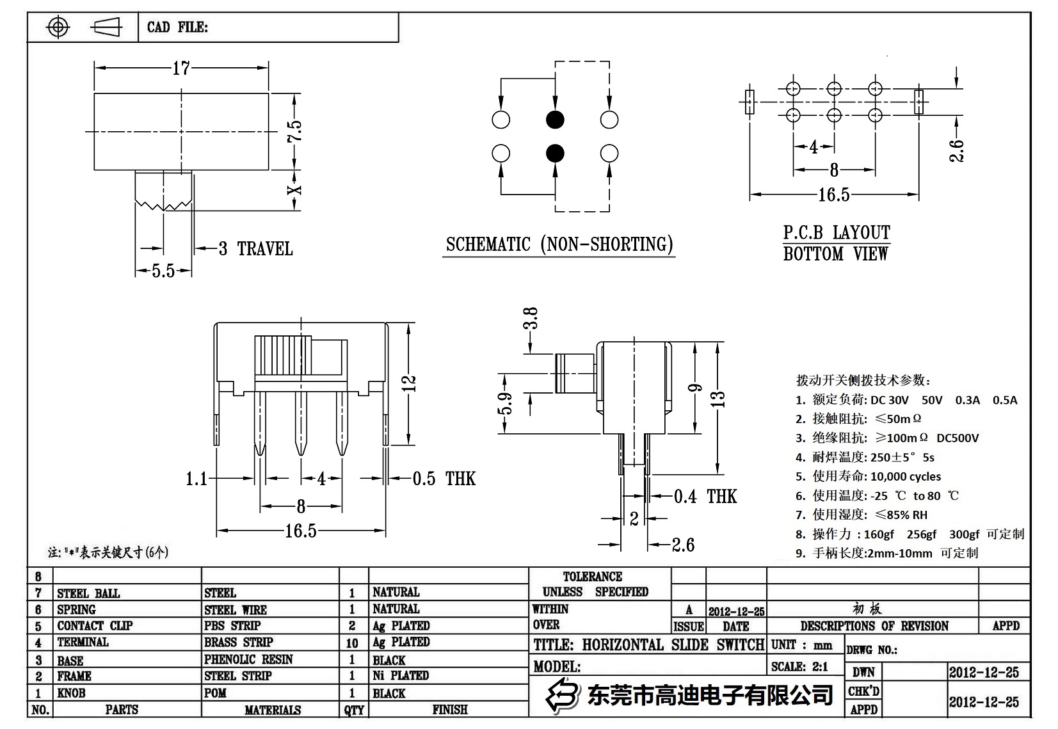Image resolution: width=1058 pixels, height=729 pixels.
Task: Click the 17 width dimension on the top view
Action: click(181, 68)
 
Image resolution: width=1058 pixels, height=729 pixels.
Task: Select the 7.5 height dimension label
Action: click(294, 132)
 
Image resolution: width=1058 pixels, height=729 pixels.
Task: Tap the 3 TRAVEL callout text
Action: click(256, 249)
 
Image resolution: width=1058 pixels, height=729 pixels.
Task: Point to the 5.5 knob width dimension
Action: click(163, 271)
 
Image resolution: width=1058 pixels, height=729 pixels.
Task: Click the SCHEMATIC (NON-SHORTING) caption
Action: click(559, 244)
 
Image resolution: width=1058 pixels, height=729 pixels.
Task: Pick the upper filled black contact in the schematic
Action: click(555, 120)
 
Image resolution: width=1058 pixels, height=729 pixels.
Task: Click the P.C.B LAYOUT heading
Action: click(837, 233)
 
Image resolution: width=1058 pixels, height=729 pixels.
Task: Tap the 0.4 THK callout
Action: click(705, 497)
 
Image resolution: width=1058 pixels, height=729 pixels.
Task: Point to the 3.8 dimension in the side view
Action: click(531, 318)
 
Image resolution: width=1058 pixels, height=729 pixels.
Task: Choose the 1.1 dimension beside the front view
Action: click(196, 479)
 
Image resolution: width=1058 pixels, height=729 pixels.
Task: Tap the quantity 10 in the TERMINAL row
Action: click(352, 643)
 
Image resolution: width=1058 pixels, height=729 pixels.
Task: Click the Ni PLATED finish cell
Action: click(401, 676)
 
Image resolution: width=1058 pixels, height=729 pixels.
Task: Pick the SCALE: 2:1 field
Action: click(799, 667)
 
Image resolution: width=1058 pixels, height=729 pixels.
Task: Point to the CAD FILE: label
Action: click(177, 28)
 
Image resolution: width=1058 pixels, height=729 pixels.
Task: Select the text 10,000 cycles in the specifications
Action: click(906, 477)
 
